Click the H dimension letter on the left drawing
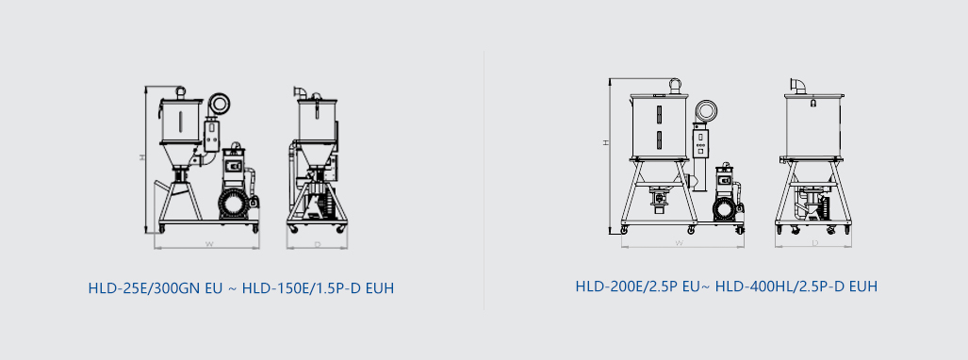coord(142,157)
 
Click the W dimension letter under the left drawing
coord(209,244)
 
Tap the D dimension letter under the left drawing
coord(318,244)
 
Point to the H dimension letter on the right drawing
coord(606,142)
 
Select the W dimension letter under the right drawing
coord(679,243)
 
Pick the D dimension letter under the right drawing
coord(815,243)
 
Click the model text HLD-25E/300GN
coord(145,288)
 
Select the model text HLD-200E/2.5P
coord(626,286)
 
